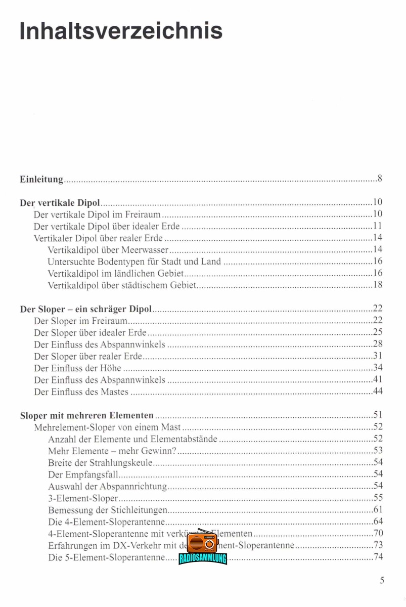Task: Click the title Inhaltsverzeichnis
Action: tap(121, 30)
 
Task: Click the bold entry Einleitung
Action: tap(41, 179)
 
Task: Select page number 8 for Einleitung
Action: tap(379, 179)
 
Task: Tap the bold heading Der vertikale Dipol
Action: tap(60, 203)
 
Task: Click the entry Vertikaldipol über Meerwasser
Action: tap(108, 249)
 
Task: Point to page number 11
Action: tap(377, 226)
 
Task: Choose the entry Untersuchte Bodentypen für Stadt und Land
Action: tap(134, 262)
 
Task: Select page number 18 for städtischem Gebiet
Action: tap(377, 285)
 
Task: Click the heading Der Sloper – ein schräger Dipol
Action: tap(86, 309)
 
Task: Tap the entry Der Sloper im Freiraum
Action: tap(80, 320)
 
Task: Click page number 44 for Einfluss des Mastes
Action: tap(377, 392)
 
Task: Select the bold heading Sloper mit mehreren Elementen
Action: tap(87, 416)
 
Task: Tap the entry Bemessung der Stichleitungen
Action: tap(108, 510)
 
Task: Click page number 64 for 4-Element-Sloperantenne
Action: tap(377, 522)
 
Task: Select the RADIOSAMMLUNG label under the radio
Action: tap(203, 558)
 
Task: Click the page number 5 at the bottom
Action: tap(382, 580)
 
